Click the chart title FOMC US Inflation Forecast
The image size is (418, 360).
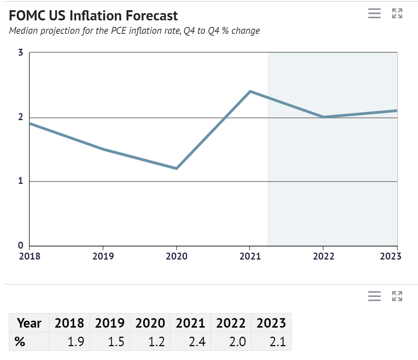[x=93, y=16]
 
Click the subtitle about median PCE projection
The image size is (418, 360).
[x=134, y=31]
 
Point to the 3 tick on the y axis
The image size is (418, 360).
[x=21, y=53]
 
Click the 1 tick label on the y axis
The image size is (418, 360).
[x=21, y=181]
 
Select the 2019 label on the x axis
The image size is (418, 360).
[x=103, y=256]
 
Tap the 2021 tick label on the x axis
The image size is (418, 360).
[x=250, y=256]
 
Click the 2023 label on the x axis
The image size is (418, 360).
[x=390, y=256]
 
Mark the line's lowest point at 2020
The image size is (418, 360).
[x=176, y=169]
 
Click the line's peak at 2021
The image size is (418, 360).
[x=250, y=91]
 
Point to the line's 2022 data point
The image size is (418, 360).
[x=323, y=117]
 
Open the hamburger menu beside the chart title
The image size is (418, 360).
[x=374, y=13]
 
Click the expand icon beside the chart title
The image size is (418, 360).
[x=397, y=13]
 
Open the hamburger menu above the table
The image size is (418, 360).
[x=374, y=296]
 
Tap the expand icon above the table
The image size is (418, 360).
[x=397, y=296]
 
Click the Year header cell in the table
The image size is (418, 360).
[x=29, y=323]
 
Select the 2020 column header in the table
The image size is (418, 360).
[x=150, y=323]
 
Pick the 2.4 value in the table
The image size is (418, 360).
[x=196, y=341]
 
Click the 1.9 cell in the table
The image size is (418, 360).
[x=75, y=341]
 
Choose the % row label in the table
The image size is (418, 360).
[x=20, y=341]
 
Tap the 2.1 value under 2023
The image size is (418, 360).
[x=277, y=341]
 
